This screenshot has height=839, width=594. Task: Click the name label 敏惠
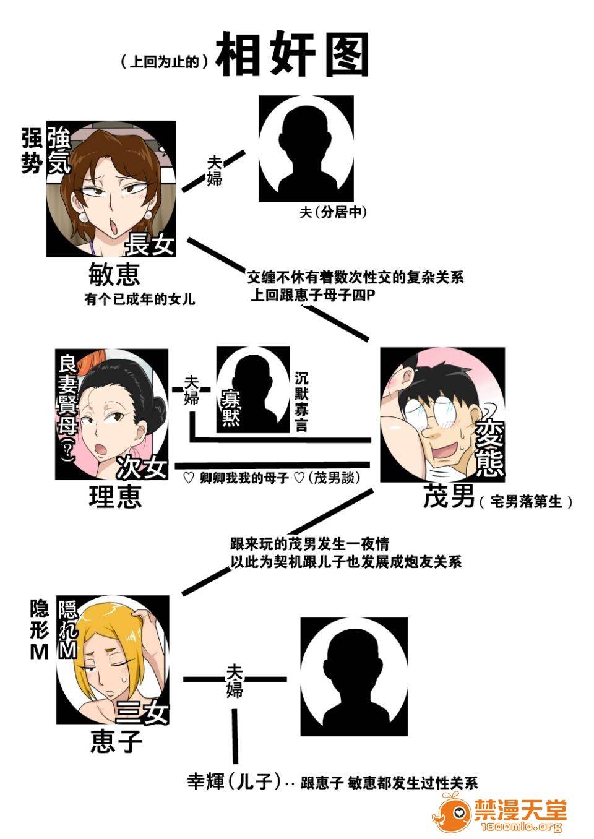[x=114, y=273]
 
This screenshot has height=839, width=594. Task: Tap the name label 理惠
[x=115, y=496]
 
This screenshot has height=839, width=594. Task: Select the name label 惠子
[x=116, y=740]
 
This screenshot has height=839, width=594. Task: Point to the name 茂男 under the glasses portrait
[x=449, y=496]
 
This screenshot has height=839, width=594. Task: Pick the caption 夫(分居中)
[x=333, y=212]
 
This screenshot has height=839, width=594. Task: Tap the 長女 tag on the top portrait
[x=149, y=244]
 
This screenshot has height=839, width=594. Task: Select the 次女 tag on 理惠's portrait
[x=142, y=466]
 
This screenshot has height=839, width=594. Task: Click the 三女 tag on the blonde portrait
[x=144, y=713]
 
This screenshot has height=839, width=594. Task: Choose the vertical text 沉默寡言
[x=301, y=401]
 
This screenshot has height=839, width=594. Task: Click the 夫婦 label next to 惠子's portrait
[x=234, y=680]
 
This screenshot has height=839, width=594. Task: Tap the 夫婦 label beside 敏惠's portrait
[x=214, y=170]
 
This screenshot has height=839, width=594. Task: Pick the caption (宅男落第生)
[x=525, y=501]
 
